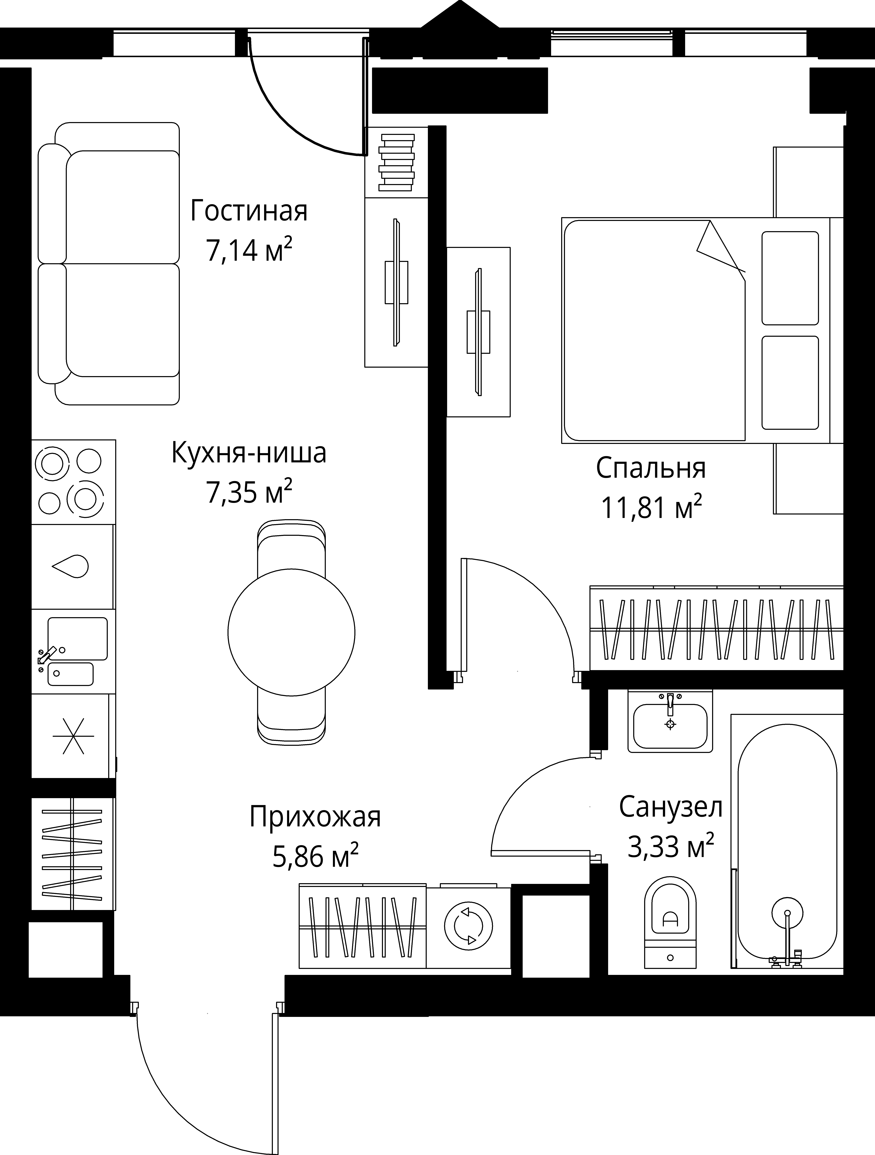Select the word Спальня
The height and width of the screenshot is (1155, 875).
pos(651,468)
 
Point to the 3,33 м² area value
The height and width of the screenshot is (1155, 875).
pos(670,847)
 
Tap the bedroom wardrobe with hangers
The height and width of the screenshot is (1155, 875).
pos(717,629)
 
